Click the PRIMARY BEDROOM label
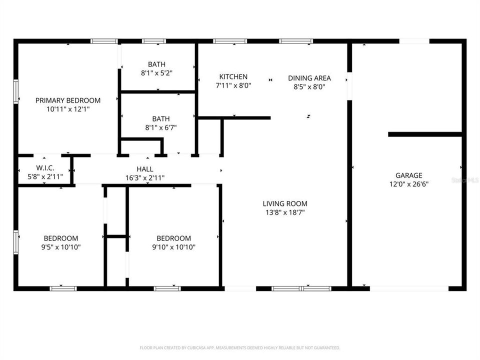point(68,100)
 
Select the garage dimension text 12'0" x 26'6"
point(409,183)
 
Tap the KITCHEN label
point(233,76)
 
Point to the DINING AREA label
point(309,78)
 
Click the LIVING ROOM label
point(285,203)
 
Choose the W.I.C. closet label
point(45,168)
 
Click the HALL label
point(144,169)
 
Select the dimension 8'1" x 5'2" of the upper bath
point(156,72)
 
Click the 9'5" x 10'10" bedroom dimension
point(60,246)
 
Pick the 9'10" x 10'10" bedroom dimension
point(173,246)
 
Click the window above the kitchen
point(230,41)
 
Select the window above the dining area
point(296,41)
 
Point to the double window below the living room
point(301,288)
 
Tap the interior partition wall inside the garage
point(424,134)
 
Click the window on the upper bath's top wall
point(153,41)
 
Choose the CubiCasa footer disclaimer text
point(240,347)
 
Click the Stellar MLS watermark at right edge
point(464,179)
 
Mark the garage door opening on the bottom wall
point(409,288)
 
